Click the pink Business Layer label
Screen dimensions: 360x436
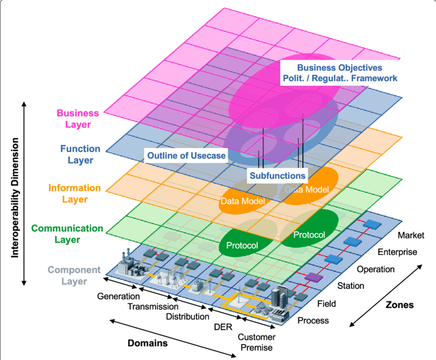coord(74,118)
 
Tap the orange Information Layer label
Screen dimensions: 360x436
coord(75,194)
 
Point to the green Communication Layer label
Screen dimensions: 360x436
coord(67,234)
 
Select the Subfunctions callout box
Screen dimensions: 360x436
coord(278,175)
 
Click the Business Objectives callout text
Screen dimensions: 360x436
coord(340,73)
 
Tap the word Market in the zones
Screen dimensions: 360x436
coord(411,235)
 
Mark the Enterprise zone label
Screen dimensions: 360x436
coord(397,252)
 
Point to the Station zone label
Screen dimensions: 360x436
coord(351,286)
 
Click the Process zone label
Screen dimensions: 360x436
coord(313,321)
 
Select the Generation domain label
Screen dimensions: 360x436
coord(118,296)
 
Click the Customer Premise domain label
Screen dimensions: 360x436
coord(256,342)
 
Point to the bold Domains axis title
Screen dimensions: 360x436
coord(147,343)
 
